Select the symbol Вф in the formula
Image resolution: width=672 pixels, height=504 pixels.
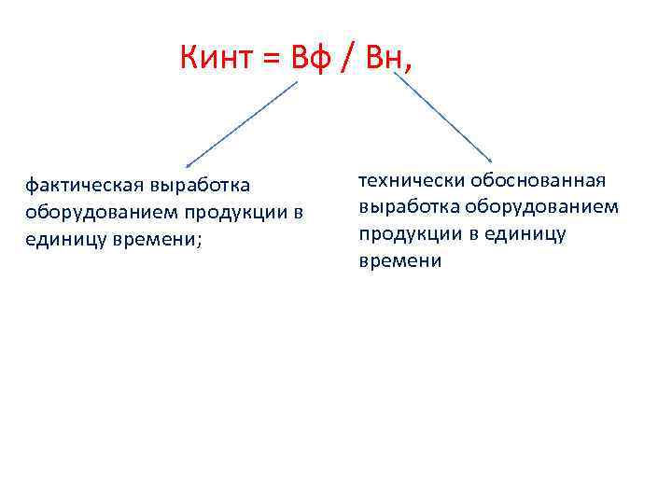click(306, 61)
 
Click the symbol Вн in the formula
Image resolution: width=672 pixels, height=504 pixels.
click(381, 61)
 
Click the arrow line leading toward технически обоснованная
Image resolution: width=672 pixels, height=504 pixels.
click(442, 117)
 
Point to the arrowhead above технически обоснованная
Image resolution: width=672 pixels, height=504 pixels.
click(490, 161)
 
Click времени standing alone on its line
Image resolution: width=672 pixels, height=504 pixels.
click(400, 261)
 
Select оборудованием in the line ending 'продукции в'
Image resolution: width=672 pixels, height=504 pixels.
click(87, 214)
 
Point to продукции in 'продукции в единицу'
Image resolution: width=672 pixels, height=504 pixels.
click(411, 234)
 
